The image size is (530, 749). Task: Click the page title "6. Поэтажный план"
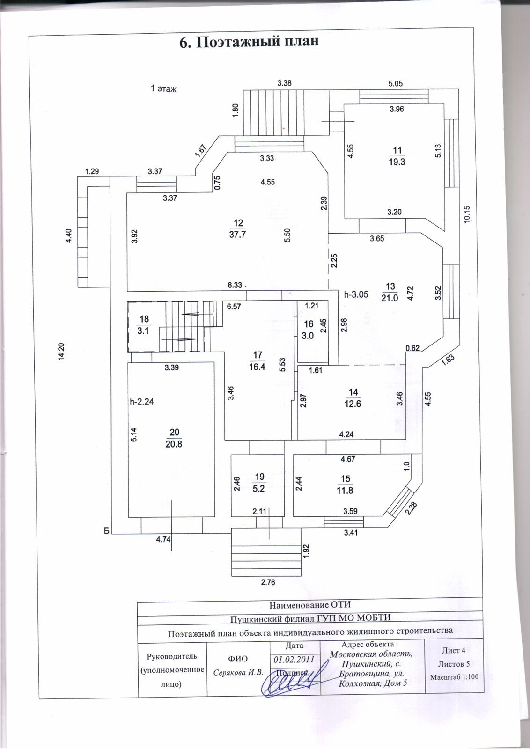click(249, 42)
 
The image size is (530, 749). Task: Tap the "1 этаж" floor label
click(163, 88)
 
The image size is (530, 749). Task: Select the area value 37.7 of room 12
click(237, 235)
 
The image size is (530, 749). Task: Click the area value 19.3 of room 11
click(397, 162)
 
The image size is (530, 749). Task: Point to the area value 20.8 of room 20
click(174, 444)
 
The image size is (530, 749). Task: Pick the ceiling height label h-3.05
click(356, 294)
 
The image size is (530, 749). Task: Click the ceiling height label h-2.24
click(142, 401)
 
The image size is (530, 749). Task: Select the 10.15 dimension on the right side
click(467, 215)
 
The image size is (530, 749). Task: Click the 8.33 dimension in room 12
click(235, 285)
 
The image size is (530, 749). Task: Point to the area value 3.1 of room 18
click(143, 331)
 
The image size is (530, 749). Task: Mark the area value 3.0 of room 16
click(308, 336)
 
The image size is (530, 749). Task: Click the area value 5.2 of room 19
click(258, 489)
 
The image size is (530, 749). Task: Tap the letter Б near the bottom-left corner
click(107, 530)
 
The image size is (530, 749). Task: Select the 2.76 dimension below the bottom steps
click(268, 582)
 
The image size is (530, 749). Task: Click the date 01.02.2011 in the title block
click(294, 660)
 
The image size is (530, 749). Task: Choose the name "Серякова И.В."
click(238, 673)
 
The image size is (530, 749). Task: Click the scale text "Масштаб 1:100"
click(454, 676)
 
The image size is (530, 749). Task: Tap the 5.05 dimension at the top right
click(396, 84)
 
